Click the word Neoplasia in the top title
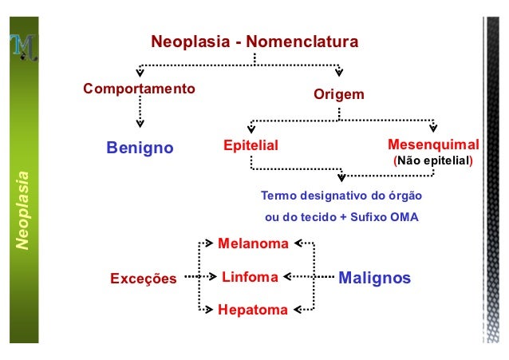pyautogui.click(x=187, y=41)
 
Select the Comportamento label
pyautogui.click(x=140, y=88)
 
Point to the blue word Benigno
pyautogui.click(x=140, y=148)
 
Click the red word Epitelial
pyautogui.click(x=251, y=146)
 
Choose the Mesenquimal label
pyautogui.click(x=432, y=145)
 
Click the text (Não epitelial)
pyautogui.click(x=433, y=161)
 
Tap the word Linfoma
pyautogui.click(x=250, y=277)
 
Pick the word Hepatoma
pyautogui.click(x=253, y=311)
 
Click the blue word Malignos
pyautogui.click(x=374, y=278)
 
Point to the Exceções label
pyautogui.click(x=143, y=279)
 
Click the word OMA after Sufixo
pyautogui.click(x=404, y=216)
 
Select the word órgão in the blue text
pyautogui.click(x=404, y=196)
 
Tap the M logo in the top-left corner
pyautogui.click(x=24, y=49)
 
